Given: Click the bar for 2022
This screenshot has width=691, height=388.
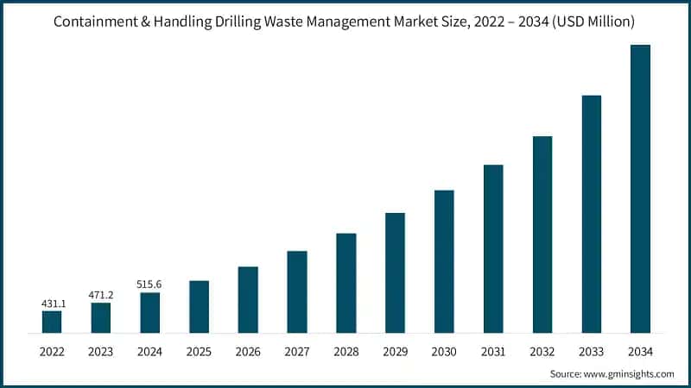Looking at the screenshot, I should [x=52, y=322].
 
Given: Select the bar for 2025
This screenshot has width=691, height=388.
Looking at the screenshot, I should [x=199, y=307].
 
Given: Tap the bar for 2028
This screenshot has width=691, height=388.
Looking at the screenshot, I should [x=346, y=283].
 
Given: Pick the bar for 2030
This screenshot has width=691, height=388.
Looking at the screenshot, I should [x=444, y=261].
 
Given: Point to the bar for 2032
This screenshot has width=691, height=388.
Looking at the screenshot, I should [x=542, y=235].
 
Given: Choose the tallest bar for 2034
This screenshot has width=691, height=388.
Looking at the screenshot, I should [x=640, y=189].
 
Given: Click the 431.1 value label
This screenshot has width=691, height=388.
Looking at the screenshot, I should [x=52, y=304].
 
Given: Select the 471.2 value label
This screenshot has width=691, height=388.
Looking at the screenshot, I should [x=101, y=295].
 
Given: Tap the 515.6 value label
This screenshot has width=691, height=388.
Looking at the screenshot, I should [x=150, y=285].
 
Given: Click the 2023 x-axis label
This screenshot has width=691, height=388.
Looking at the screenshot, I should [x=101, y=351].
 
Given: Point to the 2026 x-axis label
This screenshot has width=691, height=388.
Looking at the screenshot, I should [x=248, y=351].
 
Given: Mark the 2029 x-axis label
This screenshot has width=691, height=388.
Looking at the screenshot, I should [x=395, y=351].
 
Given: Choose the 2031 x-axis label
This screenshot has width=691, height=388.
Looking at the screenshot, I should [x=493, y=351].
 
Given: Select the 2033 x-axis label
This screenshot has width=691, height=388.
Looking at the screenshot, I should [x=591, y=351].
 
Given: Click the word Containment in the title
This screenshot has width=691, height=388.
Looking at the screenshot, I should [x=94, y=22].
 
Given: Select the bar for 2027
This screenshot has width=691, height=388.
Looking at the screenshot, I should [x=297, y=291].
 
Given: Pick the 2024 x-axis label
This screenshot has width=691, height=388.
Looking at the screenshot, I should [x=150, y=351].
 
